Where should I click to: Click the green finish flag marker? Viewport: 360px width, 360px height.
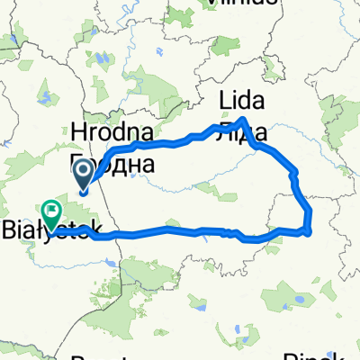(x=51, y=212)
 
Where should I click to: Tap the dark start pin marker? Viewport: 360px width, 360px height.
(x=82, y=171)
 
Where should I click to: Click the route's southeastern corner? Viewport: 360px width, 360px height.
(x=309, y=233)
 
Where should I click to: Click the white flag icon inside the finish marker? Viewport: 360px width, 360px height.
(x=51, y=211)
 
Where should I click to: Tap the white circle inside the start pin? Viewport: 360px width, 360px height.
(x=82, y=168)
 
